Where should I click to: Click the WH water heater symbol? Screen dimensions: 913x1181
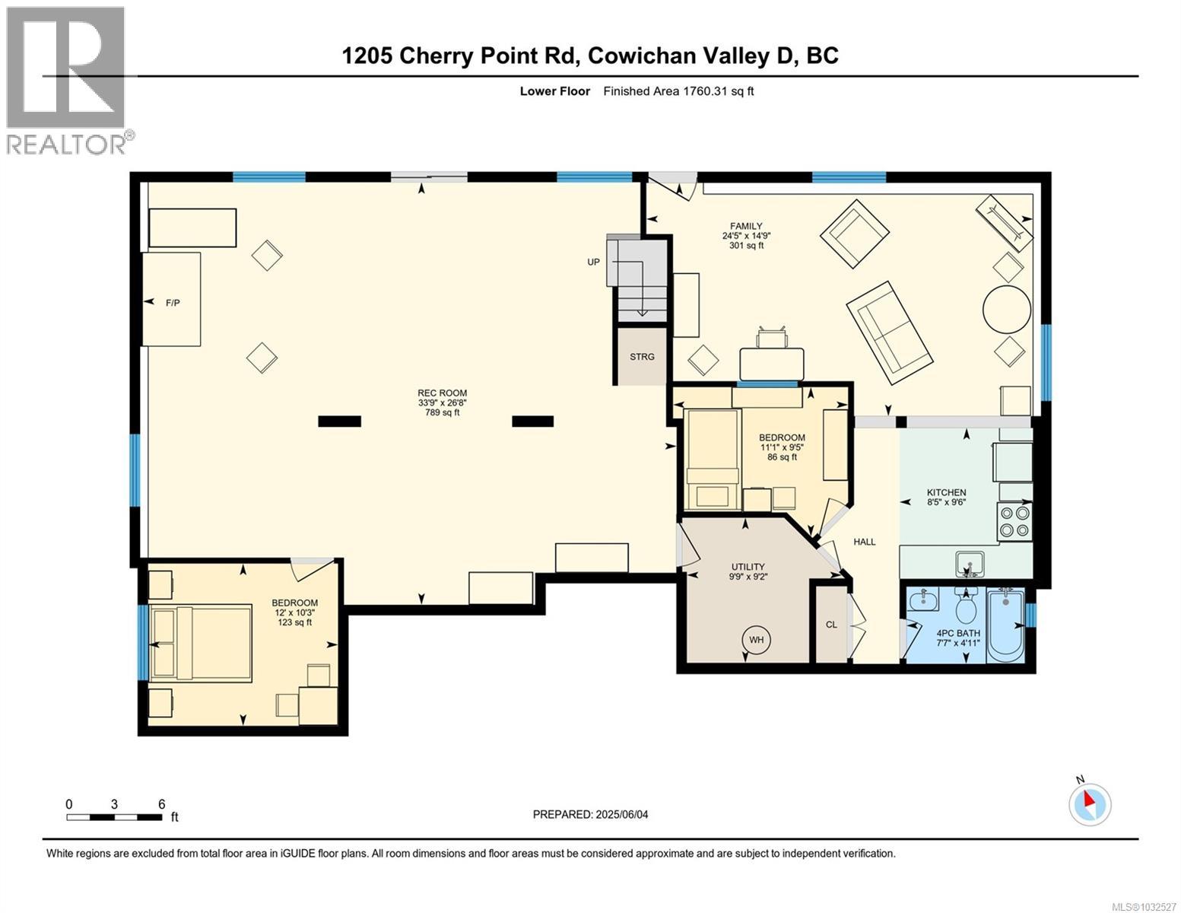[756, 640]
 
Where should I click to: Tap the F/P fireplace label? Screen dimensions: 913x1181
[173, 303]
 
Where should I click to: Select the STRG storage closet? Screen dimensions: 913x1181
[642, 356]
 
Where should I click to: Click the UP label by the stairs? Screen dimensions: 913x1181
[593, 262]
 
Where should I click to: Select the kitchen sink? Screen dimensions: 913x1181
[970, 565]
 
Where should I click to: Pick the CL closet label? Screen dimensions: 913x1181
[831, 625]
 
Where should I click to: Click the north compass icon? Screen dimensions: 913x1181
[1090, 803]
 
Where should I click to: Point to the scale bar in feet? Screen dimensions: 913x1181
[114, 817]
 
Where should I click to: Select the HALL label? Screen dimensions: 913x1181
[864, 542]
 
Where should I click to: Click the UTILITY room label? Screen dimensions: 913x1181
[748, 567]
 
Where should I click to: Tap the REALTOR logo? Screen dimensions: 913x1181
[67, 80]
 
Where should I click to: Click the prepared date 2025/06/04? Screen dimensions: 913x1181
[591, 814]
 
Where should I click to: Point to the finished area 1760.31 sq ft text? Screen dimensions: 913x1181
[678, 91]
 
